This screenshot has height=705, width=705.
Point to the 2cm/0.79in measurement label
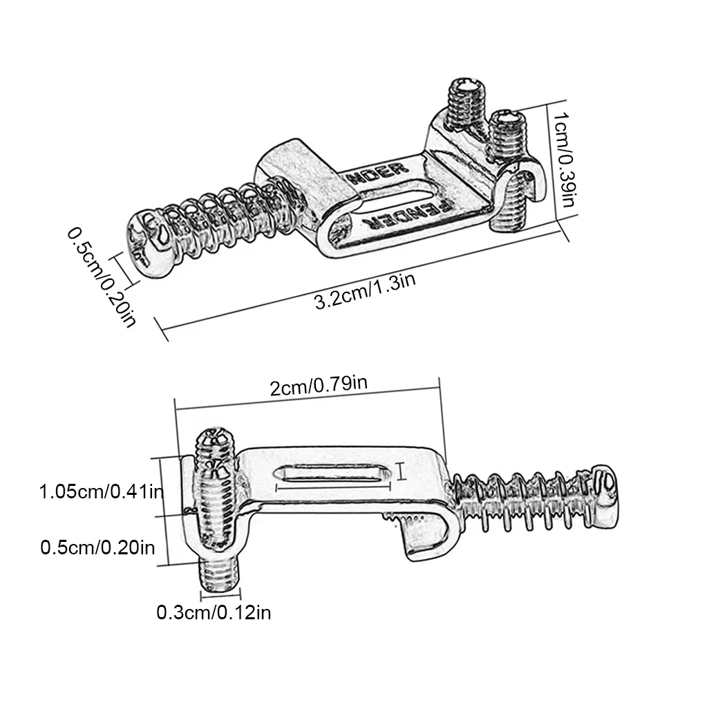coord(319,385)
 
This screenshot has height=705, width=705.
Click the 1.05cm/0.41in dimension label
coord(101,493)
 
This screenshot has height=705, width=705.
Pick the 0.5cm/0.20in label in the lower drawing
coord(97,548)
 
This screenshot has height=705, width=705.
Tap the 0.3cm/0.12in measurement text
coord(214,612)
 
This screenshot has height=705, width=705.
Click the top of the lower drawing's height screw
coord(216,440)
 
